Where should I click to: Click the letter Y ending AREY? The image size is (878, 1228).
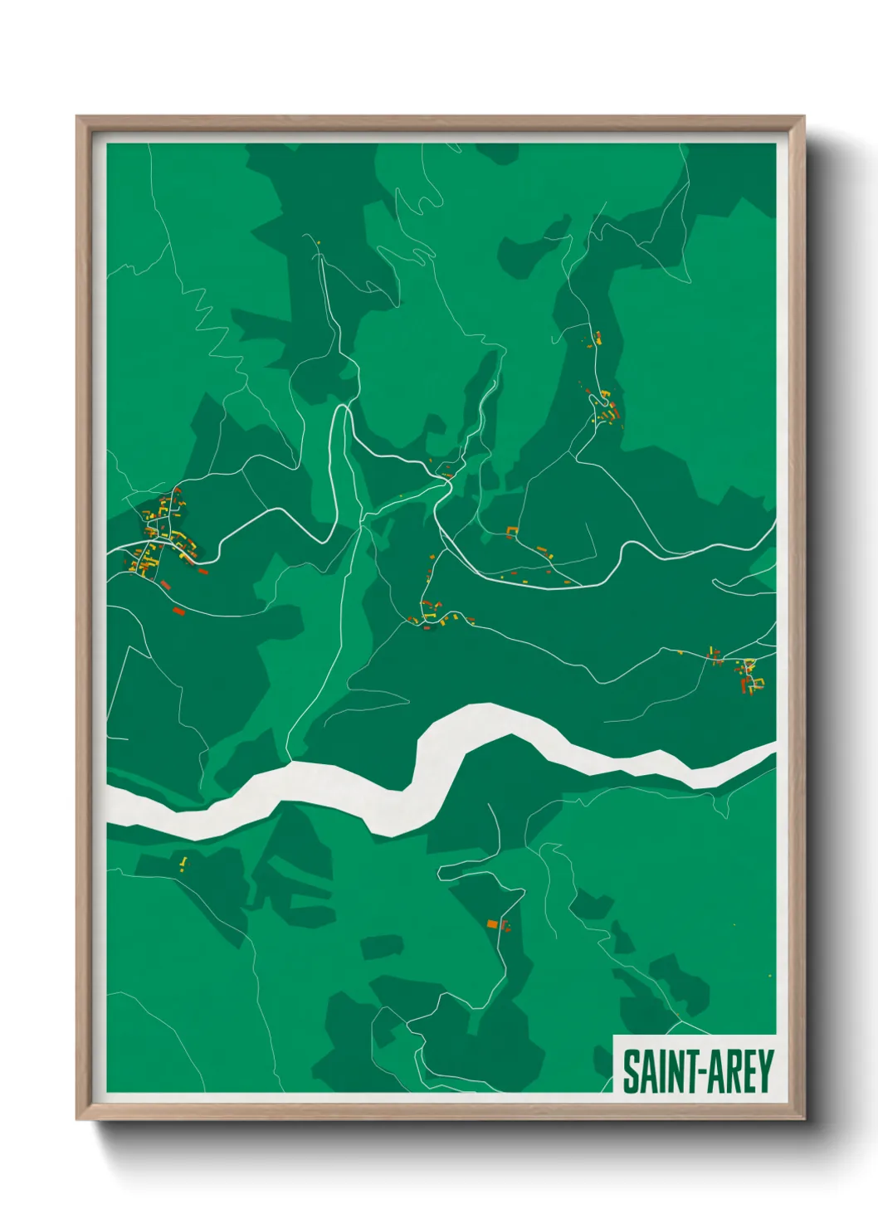click(765, 1071)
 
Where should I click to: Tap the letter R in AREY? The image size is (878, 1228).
click(726, 1071)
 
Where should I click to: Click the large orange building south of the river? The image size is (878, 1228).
click(492, 923)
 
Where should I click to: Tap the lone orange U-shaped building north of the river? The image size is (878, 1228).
click(511, 531)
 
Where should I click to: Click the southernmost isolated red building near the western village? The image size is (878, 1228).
click(177, 612)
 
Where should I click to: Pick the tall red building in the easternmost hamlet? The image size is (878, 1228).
click(743, 685)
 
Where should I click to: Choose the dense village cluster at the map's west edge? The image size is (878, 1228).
click(158, 539)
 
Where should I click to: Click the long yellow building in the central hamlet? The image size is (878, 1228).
click(452, 617)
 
